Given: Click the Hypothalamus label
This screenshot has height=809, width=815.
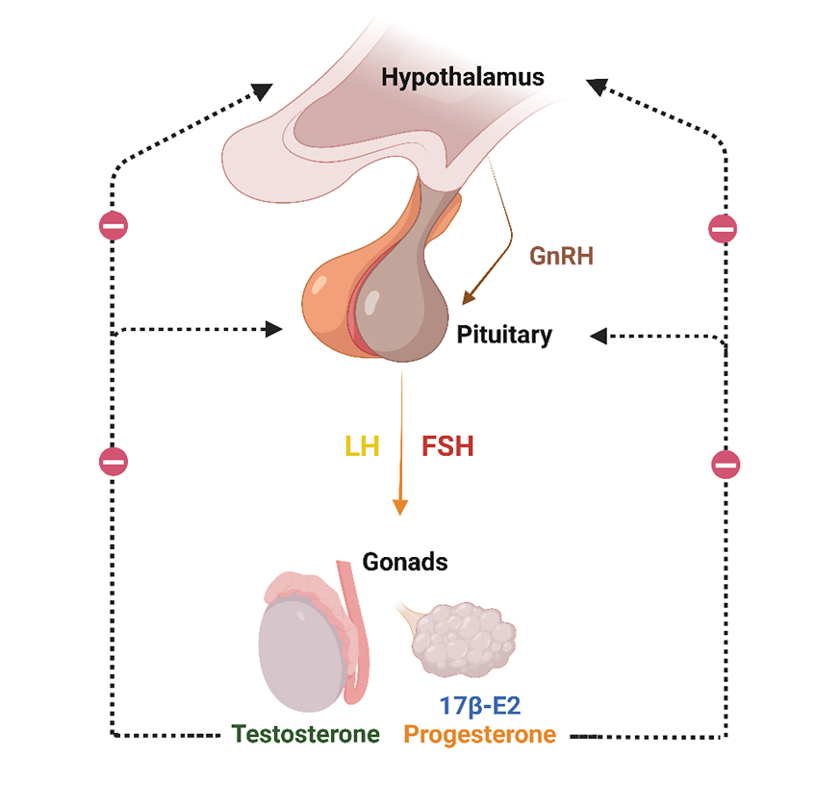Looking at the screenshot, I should tap(462, 78).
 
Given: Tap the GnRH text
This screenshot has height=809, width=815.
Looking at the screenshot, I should tap(561, 257).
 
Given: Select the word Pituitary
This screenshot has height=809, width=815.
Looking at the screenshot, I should tap(504, 336).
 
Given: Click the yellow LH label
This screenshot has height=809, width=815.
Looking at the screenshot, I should tap(363, 446).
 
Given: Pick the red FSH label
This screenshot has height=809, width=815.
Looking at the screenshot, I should tap(447, 446).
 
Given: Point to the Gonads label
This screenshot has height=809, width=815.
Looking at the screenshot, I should tap(405, 562).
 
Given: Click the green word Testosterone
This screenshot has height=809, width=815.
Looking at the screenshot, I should tap(306, 735).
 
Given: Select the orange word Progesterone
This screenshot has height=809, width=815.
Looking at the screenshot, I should tap(479, 735).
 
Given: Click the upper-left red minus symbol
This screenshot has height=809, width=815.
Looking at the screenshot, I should tap(114, 227).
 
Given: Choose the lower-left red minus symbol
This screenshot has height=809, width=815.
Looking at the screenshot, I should tap(114, 461).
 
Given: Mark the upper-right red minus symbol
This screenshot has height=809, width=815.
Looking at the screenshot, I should tap(723, 229).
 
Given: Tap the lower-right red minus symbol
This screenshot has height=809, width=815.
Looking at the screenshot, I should tap(726, 465).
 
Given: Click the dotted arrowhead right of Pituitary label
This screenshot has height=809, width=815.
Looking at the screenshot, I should tap(599, 335).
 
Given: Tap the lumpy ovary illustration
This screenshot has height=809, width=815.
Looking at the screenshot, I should tap(463, 642).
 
